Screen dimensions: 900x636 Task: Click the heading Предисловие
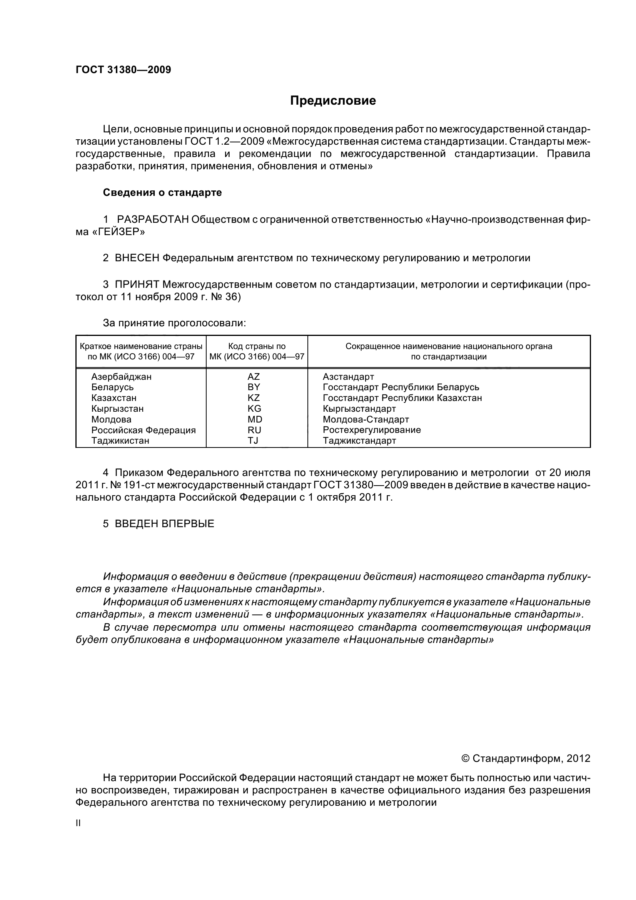pos(333,101)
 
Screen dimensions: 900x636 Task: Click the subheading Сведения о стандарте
pos(162,192)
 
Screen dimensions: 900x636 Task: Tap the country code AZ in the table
pos(254,377)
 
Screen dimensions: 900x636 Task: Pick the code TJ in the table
pos(253,440)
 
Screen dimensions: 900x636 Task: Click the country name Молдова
pos(111,419)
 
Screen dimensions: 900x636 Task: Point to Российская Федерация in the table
pos(144,430)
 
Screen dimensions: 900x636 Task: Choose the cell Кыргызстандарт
pos(359,409)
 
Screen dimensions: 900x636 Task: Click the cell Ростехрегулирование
pos(372,430)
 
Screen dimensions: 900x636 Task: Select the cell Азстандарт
pos(348,377)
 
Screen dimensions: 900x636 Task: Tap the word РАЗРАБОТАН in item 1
pos(153,219)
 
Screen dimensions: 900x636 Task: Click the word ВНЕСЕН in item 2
pos(137,258)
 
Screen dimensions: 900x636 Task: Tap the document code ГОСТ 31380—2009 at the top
pos(123,70)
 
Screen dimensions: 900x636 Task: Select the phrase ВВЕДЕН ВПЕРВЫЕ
pos(164,524)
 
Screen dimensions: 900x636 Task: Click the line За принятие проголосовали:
pos(174,323)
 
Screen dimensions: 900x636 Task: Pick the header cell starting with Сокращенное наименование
pos(449,351)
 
